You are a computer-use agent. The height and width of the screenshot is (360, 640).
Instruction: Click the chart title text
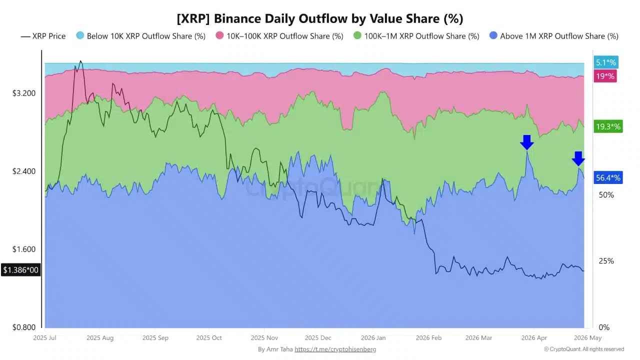(x=320, y=18)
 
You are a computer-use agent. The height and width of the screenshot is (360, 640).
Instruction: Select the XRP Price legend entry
(x=43, y=36)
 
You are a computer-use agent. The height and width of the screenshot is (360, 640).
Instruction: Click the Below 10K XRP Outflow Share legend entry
(x=140, y=36)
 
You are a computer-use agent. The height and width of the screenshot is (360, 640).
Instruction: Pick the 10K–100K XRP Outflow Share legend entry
(x=279, y=36)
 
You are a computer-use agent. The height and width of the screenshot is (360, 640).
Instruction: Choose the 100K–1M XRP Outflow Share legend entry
(x=416, y=36)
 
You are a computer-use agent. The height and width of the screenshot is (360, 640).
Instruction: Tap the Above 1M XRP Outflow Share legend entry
(x=554, y=36)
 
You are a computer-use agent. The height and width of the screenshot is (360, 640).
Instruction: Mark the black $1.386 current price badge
(x=20, y=270)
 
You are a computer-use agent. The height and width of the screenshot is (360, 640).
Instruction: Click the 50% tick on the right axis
(x=605, y=195)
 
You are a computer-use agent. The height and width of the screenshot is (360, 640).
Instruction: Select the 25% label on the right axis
(x=605, y=261)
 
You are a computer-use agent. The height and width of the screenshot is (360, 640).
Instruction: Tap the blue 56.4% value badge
(x=608, y=177)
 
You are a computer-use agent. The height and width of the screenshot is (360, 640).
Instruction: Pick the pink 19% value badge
(x=605, y=76)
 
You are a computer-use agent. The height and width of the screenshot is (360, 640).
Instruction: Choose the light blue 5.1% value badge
(x=605, y=62)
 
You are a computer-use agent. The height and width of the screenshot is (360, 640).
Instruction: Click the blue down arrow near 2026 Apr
(x=526, y=142)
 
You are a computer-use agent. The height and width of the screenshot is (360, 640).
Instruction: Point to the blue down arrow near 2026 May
(x=578, y=158)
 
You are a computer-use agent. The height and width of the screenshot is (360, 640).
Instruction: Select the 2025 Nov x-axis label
(x=264, y=338)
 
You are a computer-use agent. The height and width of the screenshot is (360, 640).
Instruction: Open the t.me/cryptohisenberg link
(x=335, y=349)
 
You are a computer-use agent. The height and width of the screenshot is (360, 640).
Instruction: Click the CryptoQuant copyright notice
(x=583, y=349)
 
